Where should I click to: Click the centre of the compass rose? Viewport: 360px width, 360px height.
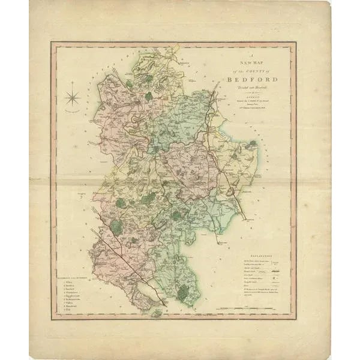point(73,96)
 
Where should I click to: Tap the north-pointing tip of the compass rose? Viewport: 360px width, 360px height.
point(73,82)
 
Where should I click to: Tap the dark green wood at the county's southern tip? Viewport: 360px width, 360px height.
point(182,292)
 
